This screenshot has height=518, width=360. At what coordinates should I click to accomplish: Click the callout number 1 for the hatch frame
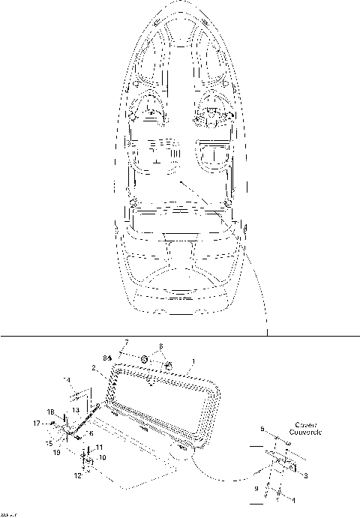(x=193, y=361)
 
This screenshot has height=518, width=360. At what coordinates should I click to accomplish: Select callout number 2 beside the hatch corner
(x=93, y=368)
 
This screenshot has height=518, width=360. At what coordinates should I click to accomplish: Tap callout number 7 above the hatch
(x=125, y=343)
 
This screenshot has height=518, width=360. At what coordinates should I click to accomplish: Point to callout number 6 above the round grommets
(x=160, y=346)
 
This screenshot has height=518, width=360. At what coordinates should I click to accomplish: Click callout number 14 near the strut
(x=66, y=381)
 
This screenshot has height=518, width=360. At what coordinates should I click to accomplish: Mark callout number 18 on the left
(x=51, y=412)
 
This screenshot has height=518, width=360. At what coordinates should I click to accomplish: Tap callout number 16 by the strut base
(x=90, y=433)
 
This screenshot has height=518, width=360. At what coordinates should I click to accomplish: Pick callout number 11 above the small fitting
(x=100, y=448)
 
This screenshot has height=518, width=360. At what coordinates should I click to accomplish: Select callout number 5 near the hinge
(x=262, y=430)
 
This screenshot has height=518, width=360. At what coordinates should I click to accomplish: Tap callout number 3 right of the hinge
(x=304, y=475)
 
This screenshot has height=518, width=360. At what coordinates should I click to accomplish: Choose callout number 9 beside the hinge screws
(x=256, y=488)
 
